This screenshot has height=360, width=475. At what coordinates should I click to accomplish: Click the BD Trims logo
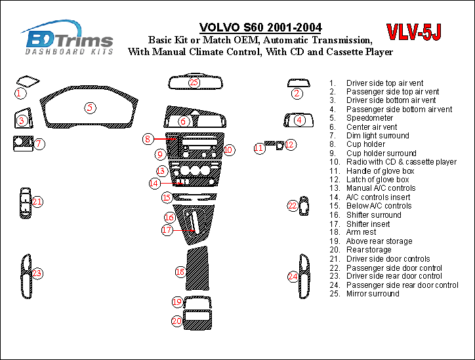pyautogui.click(x=68, y=38)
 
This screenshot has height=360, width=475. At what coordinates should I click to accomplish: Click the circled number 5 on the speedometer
pyautogui.click(x=90, y=108)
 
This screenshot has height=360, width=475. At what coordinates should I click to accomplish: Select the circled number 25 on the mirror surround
pyautogui.click(x=194, y=82)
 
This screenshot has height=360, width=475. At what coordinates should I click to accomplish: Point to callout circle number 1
pyautogui.click(x=20, y=93)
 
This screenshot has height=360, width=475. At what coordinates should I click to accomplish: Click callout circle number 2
pyautogui.click(x=297, y=93)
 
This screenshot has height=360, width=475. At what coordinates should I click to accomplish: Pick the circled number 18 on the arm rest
pyautogui.click(x=180, y=271)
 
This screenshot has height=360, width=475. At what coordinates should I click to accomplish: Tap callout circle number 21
pyautogui.click(x=37, y=202)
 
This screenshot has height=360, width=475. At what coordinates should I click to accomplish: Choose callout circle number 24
pyautogui.click(x=293, y=277)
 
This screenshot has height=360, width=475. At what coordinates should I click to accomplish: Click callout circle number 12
pyautogui.click(x=290, y=144)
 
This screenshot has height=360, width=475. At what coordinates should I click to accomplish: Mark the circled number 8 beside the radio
pyautogui.click(x=149, y=139)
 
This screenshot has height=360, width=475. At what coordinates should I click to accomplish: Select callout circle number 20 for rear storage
pyautogui.click(x=177, y=321)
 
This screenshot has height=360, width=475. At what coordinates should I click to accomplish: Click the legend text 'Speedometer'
pyautogui.click(x=369, y=118)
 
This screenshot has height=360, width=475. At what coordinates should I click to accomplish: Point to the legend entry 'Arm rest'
pyautogui.click(x=361, y=232)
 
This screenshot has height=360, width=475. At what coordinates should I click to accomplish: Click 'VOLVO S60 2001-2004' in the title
pyautogui.click(x=260, y=28)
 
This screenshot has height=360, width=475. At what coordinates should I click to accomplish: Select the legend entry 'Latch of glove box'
pyautogui.click(x=377, y=180)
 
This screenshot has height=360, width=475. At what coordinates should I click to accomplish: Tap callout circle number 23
pyautogui.click(x=37, y=273)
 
